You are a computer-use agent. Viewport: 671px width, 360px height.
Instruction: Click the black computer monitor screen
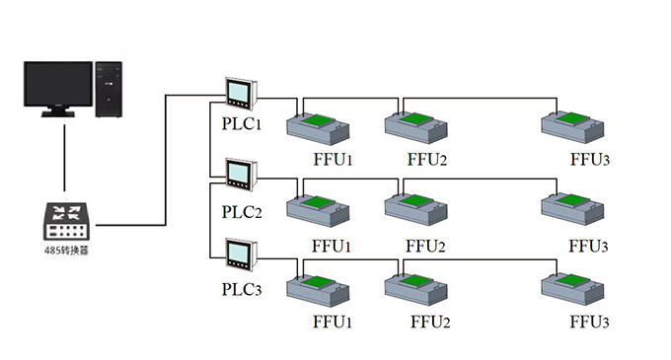(x=58, y=84)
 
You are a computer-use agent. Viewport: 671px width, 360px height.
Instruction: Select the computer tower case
(x=109, y=90)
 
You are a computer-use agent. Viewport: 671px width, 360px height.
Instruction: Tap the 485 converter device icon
(x=66, y=221)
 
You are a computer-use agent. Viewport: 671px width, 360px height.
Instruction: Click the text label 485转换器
(x=66, y=251)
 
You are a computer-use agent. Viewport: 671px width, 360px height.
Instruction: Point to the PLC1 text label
(x=242, y=124)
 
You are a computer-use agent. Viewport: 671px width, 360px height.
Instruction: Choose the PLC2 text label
(x=242, y=212)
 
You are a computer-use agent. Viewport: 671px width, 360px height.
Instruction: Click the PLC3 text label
(x=242, y=289)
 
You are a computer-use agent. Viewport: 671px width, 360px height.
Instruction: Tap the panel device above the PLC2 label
(x=241, y=175)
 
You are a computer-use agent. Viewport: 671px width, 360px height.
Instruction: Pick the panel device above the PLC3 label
(x=241, y=255)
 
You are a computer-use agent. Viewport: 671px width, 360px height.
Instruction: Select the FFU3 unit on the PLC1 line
(x=572, y=127)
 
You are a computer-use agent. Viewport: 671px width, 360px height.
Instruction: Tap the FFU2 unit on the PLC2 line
(x=416, y=209)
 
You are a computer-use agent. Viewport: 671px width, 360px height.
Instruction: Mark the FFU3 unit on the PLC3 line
(x=572, y=289)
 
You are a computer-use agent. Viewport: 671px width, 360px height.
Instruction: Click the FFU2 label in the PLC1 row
(x=426, y=160)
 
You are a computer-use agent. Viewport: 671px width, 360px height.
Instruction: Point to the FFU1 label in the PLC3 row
(x=333, y=322)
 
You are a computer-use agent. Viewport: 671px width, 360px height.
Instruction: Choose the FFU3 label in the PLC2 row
(x=588, y=247)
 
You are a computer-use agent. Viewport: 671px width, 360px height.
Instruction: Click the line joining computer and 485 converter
(x=64, y=158)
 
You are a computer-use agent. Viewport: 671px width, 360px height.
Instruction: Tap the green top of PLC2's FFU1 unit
(x=317, y=202)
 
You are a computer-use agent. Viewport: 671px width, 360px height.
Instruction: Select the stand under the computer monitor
(x=58, y=111)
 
